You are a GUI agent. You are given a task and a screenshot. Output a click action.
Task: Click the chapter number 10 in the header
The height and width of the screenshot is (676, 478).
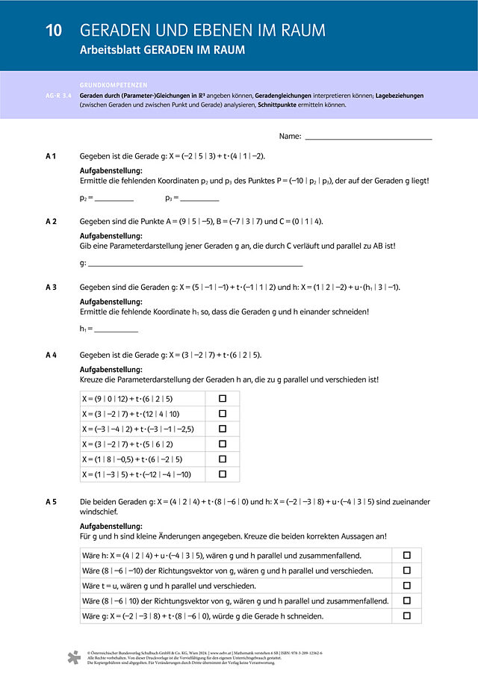tap(53, 31)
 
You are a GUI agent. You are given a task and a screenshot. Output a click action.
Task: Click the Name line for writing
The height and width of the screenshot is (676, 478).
tap(368, 138)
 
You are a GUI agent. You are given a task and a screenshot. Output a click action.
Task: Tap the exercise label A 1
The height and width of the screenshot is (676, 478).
tap(52, 156)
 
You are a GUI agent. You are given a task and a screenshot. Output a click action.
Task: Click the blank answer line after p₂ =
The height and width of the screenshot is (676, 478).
tap(114, 199)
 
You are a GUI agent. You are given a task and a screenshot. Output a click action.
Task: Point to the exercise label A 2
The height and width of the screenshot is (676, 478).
tap(52, 222)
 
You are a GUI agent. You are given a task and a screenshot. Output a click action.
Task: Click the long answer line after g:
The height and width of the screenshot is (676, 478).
tap(195, 265)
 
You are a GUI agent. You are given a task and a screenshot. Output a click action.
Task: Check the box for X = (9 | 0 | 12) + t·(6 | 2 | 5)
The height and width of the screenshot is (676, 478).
tap(223, 399)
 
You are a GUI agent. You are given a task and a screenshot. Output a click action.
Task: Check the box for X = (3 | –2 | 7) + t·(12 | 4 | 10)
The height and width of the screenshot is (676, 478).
tap(223, 414)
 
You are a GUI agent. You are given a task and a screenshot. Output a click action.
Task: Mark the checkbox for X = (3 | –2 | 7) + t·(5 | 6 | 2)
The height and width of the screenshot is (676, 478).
tap(223, 444)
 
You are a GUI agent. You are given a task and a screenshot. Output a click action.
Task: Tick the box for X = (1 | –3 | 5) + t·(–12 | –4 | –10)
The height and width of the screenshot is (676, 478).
tap(223, 474)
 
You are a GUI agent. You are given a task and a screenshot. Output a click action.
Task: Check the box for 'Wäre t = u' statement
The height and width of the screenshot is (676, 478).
tap(407, 586)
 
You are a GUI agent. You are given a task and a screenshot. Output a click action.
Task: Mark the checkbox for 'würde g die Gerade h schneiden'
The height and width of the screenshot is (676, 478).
tap(407, 616)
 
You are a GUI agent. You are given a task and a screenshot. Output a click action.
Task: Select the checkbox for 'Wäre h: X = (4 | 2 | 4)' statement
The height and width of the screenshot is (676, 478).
tap(407, 556)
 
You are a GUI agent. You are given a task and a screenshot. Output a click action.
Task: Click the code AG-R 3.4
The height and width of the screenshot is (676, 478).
tap(59, 96)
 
